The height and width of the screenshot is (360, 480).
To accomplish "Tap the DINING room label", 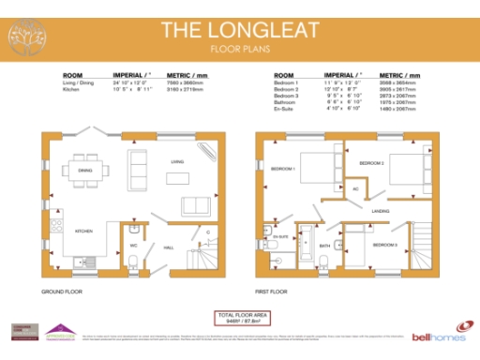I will pyautogui.click(x=85, y=171).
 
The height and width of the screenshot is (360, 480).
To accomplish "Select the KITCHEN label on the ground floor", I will pyautogui.click(x=83, y=231).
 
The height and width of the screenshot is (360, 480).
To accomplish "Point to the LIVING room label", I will pyautogui.click(x=176, y=162).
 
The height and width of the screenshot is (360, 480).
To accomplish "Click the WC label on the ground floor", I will pyautogui.click(x=134, y=247).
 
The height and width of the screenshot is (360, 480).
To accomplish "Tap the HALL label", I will pyautogui.click(x=169, y=247).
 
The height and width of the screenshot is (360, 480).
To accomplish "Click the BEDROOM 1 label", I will pyautogui.click(x=282, y=169).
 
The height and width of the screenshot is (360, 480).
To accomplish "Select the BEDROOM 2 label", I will pyautogui.click(x=371, y=163).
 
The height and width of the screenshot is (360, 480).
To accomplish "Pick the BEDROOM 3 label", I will pyautogui.click(x=384, y=245).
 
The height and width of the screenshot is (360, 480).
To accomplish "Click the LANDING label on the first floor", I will pyautogui.click(x=380, y=211).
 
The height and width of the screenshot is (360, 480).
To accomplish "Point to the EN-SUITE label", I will pyautogui.click(x=281, y=239).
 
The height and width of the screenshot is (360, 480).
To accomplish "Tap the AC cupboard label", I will pyautogui.click(x=356, y=188).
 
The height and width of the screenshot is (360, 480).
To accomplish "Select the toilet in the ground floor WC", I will pyautogui.click(x=135, y=230).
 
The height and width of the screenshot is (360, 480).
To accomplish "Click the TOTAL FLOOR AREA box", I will pyautogui.click(x=239, y=318).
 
